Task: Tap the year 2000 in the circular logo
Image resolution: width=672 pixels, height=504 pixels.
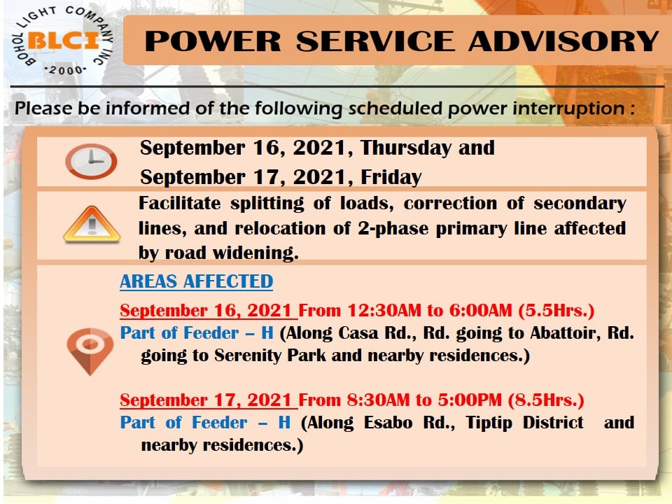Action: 65,70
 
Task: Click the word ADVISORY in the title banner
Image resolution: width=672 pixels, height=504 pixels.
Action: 563,41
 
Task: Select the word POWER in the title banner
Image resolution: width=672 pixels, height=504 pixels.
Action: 213,41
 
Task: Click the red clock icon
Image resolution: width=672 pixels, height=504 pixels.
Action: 91,161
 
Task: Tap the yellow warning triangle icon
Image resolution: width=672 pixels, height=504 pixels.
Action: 92,224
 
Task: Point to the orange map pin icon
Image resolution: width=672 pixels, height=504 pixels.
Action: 90,351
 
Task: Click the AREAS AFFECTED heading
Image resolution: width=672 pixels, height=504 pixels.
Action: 196,281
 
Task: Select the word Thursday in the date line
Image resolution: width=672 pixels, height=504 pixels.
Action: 405,148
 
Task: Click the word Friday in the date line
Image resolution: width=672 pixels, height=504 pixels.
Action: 391,177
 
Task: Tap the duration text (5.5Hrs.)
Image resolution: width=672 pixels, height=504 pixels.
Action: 556,310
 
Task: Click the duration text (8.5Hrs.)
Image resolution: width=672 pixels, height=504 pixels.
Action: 546,400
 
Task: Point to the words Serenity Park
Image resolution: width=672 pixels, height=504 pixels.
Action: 270,356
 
